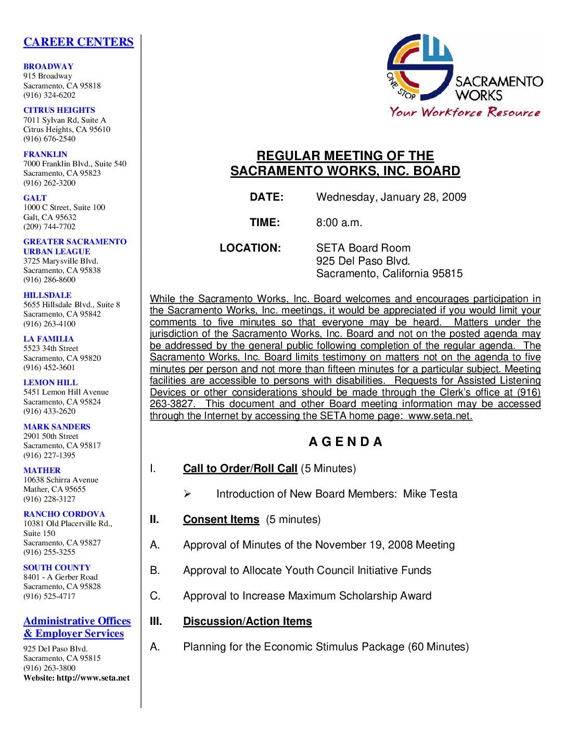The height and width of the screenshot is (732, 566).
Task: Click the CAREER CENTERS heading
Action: pyautogui.click(x=78, y=42)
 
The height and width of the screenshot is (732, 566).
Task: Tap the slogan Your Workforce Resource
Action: pyautogui.click(x=465, y=112)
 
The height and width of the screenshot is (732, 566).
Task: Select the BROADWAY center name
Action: pyautogui.click(x=48, y=67)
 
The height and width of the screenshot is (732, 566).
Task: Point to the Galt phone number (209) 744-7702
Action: pyautogui.click(x=49, y=227)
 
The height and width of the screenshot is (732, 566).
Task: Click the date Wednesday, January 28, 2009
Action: pyautogui.click(x=391, y=197)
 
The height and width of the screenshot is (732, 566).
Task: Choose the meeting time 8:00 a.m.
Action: pyautogui.click(x=339, y=223)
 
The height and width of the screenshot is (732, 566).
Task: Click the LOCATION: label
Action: pyautogui.click(x=250, y=248)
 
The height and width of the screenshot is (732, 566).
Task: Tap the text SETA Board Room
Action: pyautogui.click(x=363, y=248)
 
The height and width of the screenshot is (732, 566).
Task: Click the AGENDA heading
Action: pyautogui.click(x=345, y=442)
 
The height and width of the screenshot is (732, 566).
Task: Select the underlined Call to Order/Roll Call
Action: pyautogui.click(x=240, y=468)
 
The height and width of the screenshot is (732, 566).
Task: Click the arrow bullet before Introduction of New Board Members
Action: pyautogui.click(x=188, y=494)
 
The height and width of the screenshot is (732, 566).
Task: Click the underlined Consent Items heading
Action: pyautogui.click(x=221, y=519)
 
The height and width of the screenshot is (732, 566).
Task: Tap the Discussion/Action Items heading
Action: pyautogui.click(x=247, y=621)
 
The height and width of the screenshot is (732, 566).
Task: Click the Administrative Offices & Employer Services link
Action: pyautogui.click(x=76, y=628)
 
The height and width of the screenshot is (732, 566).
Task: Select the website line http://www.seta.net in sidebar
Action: pyautogui.click(x=76, y=678)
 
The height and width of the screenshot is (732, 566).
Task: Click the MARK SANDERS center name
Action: pyautogui.click(x=57, y=427)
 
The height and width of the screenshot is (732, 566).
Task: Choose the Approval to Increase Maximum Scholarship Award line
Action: pyautogui.click(x=307, y=596)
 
